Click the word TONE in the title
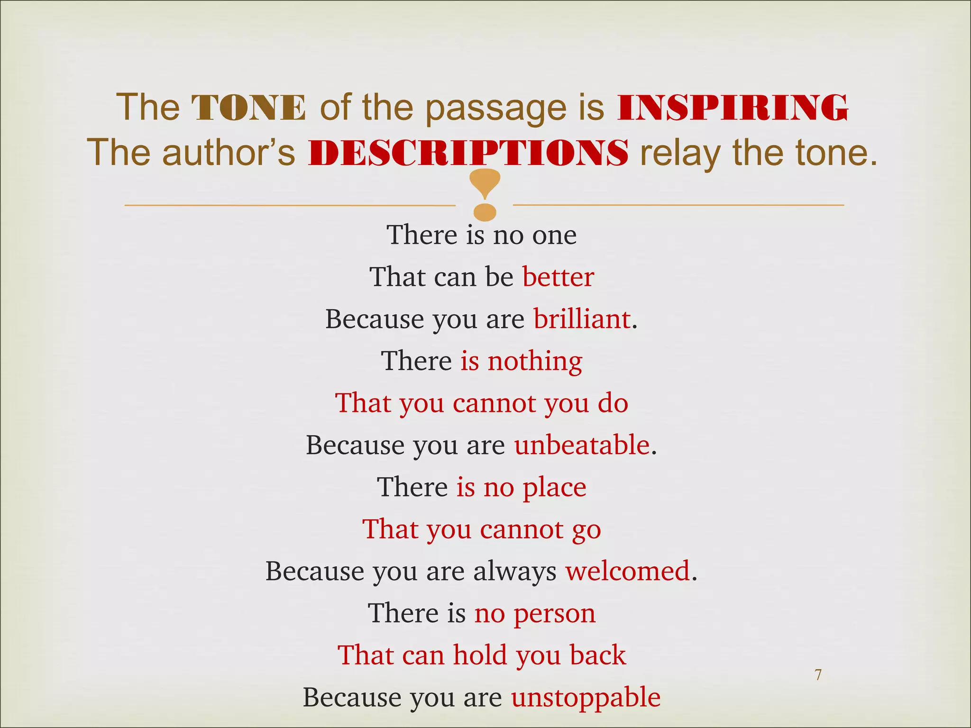pyautogui.click(x=249, y=107)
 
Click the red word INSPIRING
pyautogui.click(x=733, y=107)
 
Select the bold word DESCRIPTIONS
pyautogui.click(x=468, y=153)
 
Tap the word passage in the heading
pyautogui.click(x=495, y=108)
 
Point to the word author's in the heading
pyautogui.click(x=229, y=153)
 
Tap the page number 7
pyautogui.click(x=818, y=674)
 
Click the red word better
pyautogui.click(x=558, y=277)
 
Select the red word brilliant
pyautogui.click(x=582, y=318)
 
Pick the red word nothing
pyautogui.click(x=535, y=361)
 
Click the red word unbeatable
pyautogui.click(x=582, y=445)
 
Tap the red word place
pyautogui.click(x=554, y=487)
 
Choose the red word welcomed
pyautogui.click(x=628, y=571)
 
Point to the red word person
pyautogui.click(x=555, y=613)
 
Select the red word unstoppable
pyautogui.click(x=586, y=698)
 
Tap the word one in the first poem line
pyautogui.click(x=554, y=235)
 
